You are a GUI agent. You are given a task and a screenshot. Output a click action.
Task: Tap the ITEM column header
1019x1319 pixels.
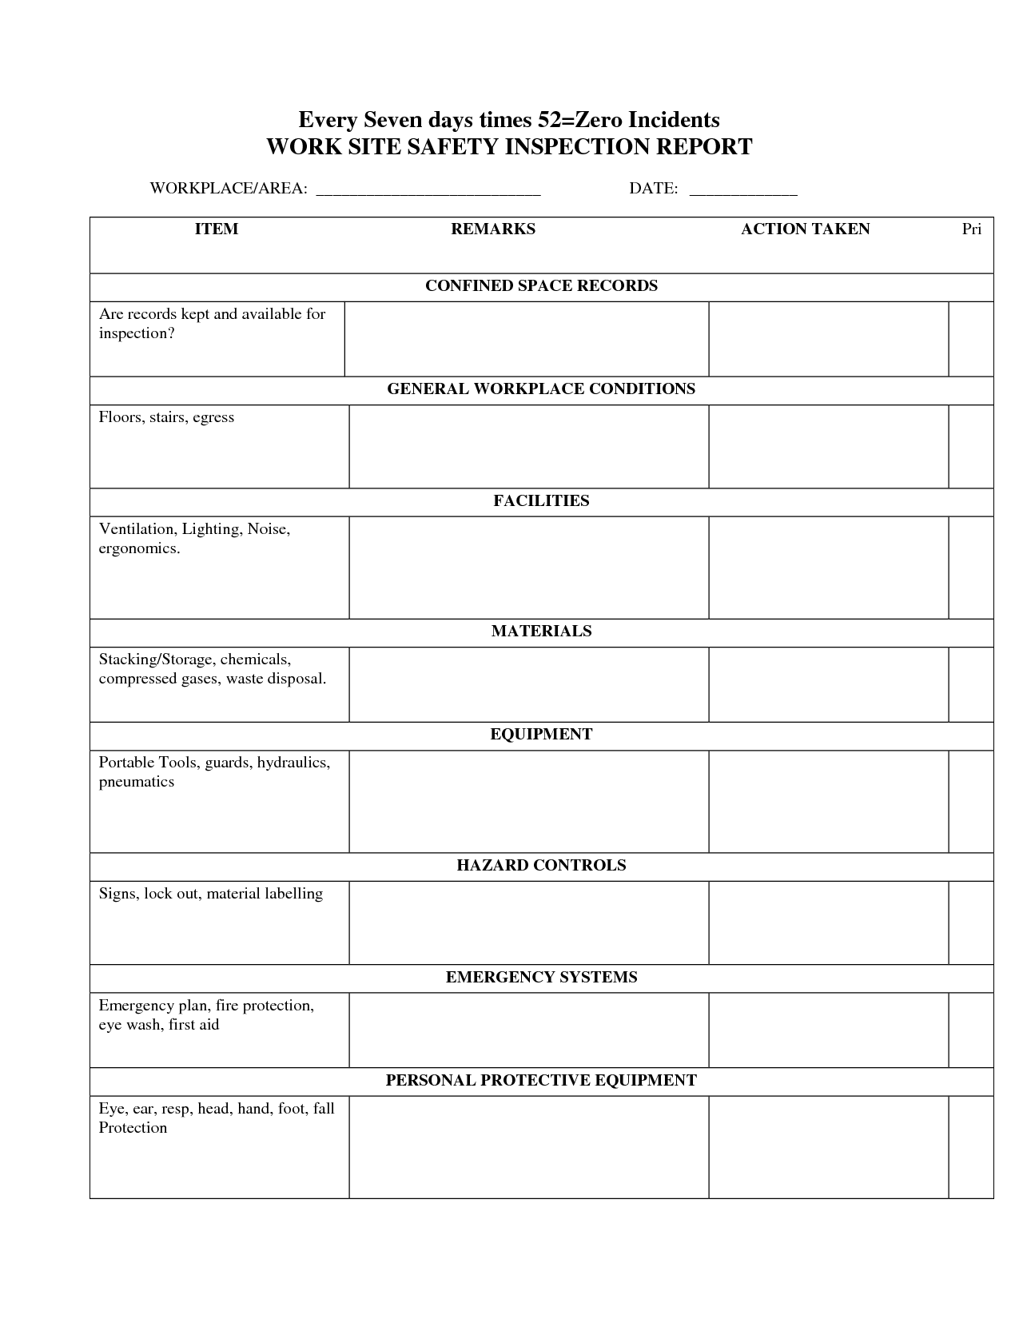[217, 229]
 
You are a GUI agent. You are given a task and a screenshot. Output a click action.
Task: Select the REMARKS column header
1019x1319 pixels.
[493, 229]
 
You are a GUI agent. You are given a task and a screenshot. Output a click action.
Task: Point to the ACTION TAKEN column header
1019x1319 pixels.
[805, 229]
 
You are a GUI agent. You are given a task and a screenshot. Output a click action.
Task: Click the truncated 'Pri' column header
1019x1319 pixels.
[971, 229]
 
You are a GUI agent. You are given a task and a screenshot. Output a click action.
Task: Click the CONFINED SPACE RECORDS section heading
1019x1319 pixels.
[541, 286]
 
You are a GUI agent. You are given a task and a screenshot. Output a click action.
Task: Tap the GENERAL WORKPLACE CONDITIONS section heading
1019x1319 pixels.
[541, 389]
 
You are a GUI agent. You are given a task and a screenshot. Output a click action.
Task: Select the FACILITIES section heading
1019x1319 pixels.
[541, 501]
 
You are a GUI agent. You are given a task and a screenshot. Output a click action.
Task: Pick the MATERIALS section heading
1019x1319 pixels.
[541, 632]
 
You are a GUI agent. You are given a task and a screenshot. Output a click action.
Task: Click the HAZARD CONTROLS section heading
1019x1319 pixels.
[541, 866]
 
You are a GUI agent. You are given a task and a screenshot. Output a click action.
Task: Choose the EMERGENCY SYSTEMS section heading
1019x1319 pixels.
[541, 978]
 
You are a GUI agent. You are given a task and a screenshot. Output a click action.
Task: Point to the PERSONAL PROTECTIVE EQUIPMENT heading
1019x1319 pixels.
[541, 1081]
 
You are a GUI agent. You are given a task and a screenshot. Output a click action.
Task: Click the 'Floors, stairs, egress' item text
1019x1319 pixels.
[166, 417]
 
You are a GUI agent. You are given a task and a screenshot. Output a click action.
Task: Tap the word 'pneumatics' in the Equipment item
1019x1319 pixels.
[137, 782]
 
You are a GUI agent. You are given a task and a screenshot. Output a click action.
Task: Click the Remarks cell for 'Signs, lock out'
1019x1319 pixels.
[528, 923]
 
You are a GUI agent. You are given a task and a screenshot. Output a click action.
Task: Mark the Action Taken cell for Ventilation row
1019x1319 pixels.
[828, 568]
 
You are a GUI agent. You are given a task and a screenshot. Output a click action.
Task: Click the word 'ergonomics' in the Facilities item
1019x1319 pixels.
[139, 548]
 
